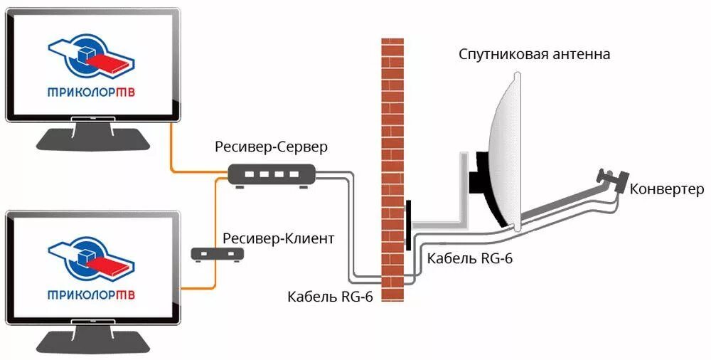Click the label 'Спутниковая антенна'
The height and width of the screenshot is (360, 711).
coord(534,54)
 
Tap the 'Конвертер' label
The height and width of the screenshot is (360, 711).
coord(666,189)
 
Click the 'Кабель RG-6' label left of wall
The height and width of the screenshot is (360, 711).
coord(331,295)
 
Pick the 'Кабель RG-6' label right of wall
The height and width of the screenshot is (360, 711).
coord(469,258)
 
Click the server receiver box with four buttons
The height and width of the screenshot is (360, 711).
coord(272,174)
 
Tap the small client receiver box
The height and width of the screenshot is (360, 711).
coord(218,253)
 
